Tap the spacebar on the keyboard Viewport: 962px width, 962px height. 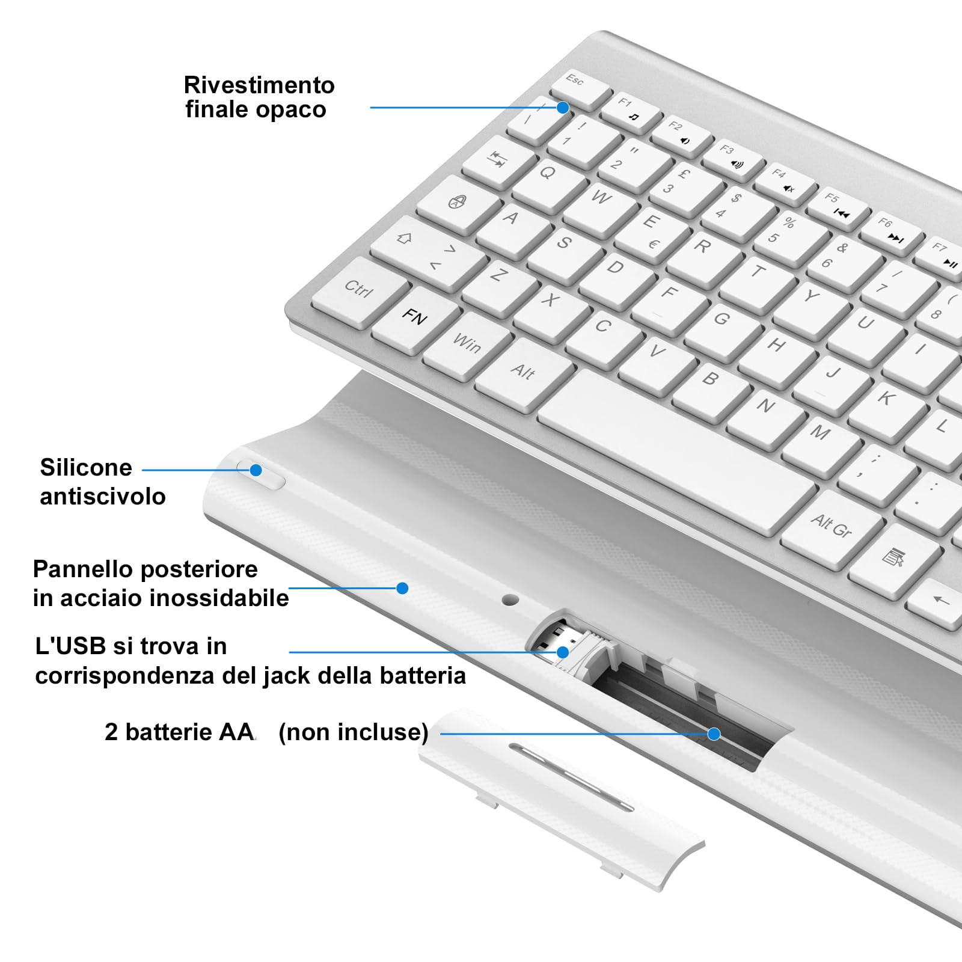pos(676,451)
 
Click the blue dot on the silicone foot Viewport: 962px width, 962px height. pos(256,470)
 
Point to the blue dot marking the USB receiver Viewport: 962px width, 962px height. pos(563,652)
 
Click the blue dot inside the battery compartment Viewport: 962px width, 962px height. pos(714,734)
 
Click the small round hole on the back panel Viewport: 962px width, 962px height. pos(510,599)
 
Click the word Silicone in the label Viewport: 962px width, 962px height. pos(86,468)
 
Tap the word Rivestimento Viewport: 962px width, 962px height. pos(259,85)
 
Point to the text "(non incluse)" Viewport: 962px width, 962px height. pos(354,732)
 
